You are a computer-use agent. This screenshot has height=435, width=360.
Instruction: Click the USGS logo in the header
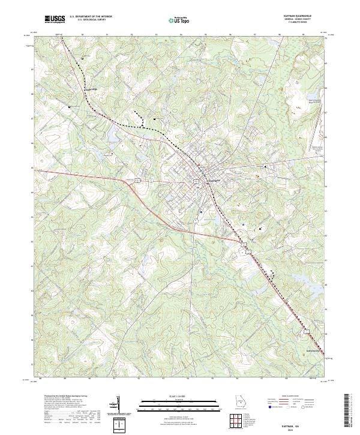tap(55, 19)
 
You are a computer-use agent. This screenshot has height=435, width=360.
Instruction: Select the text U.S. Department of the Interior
tap(90, 17)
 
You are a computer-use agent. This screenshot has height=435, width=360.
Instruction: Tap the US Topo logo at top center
tap(180, 19)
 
